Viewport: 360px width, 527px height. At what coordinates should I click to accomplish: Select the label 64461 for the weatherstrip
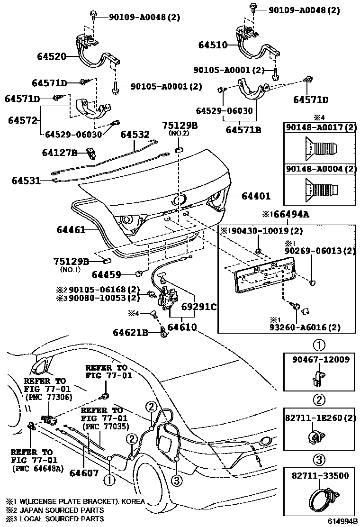pyautogui.click(x=71, y=230)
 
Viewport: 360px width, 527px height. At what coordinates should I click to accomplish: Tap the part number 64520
pyautogui.click(x=52, y=56)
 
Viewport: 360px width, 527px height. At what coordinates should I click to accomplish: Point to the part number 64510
pyautogui.click(x=213, y=45)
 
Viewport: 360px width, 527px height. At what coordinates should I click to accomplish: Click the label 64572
pyautogui.click(x=22, y=120)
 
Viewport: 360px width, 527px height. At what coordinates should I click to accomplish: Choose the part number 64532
pyautogui.click(x=135, y=135)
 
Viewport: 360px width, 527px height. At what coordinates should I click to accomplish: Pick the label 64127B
pyautogui.click(x=59, y=153)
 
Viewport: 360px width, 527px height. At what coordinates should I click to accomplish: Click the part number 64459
pyautogui.click(x=107, y=274)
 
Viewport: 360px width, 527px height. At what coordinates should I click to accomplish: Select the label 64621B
pyautogui.click(x=131, y=333)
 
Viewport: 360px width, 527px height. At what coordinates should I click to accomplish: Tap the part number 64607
pyautogui.click(x=83, y=473)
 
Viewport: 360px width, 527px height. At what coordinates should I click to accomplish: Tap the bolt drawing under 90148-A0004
pyautogui.click(x=322, y=190)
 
